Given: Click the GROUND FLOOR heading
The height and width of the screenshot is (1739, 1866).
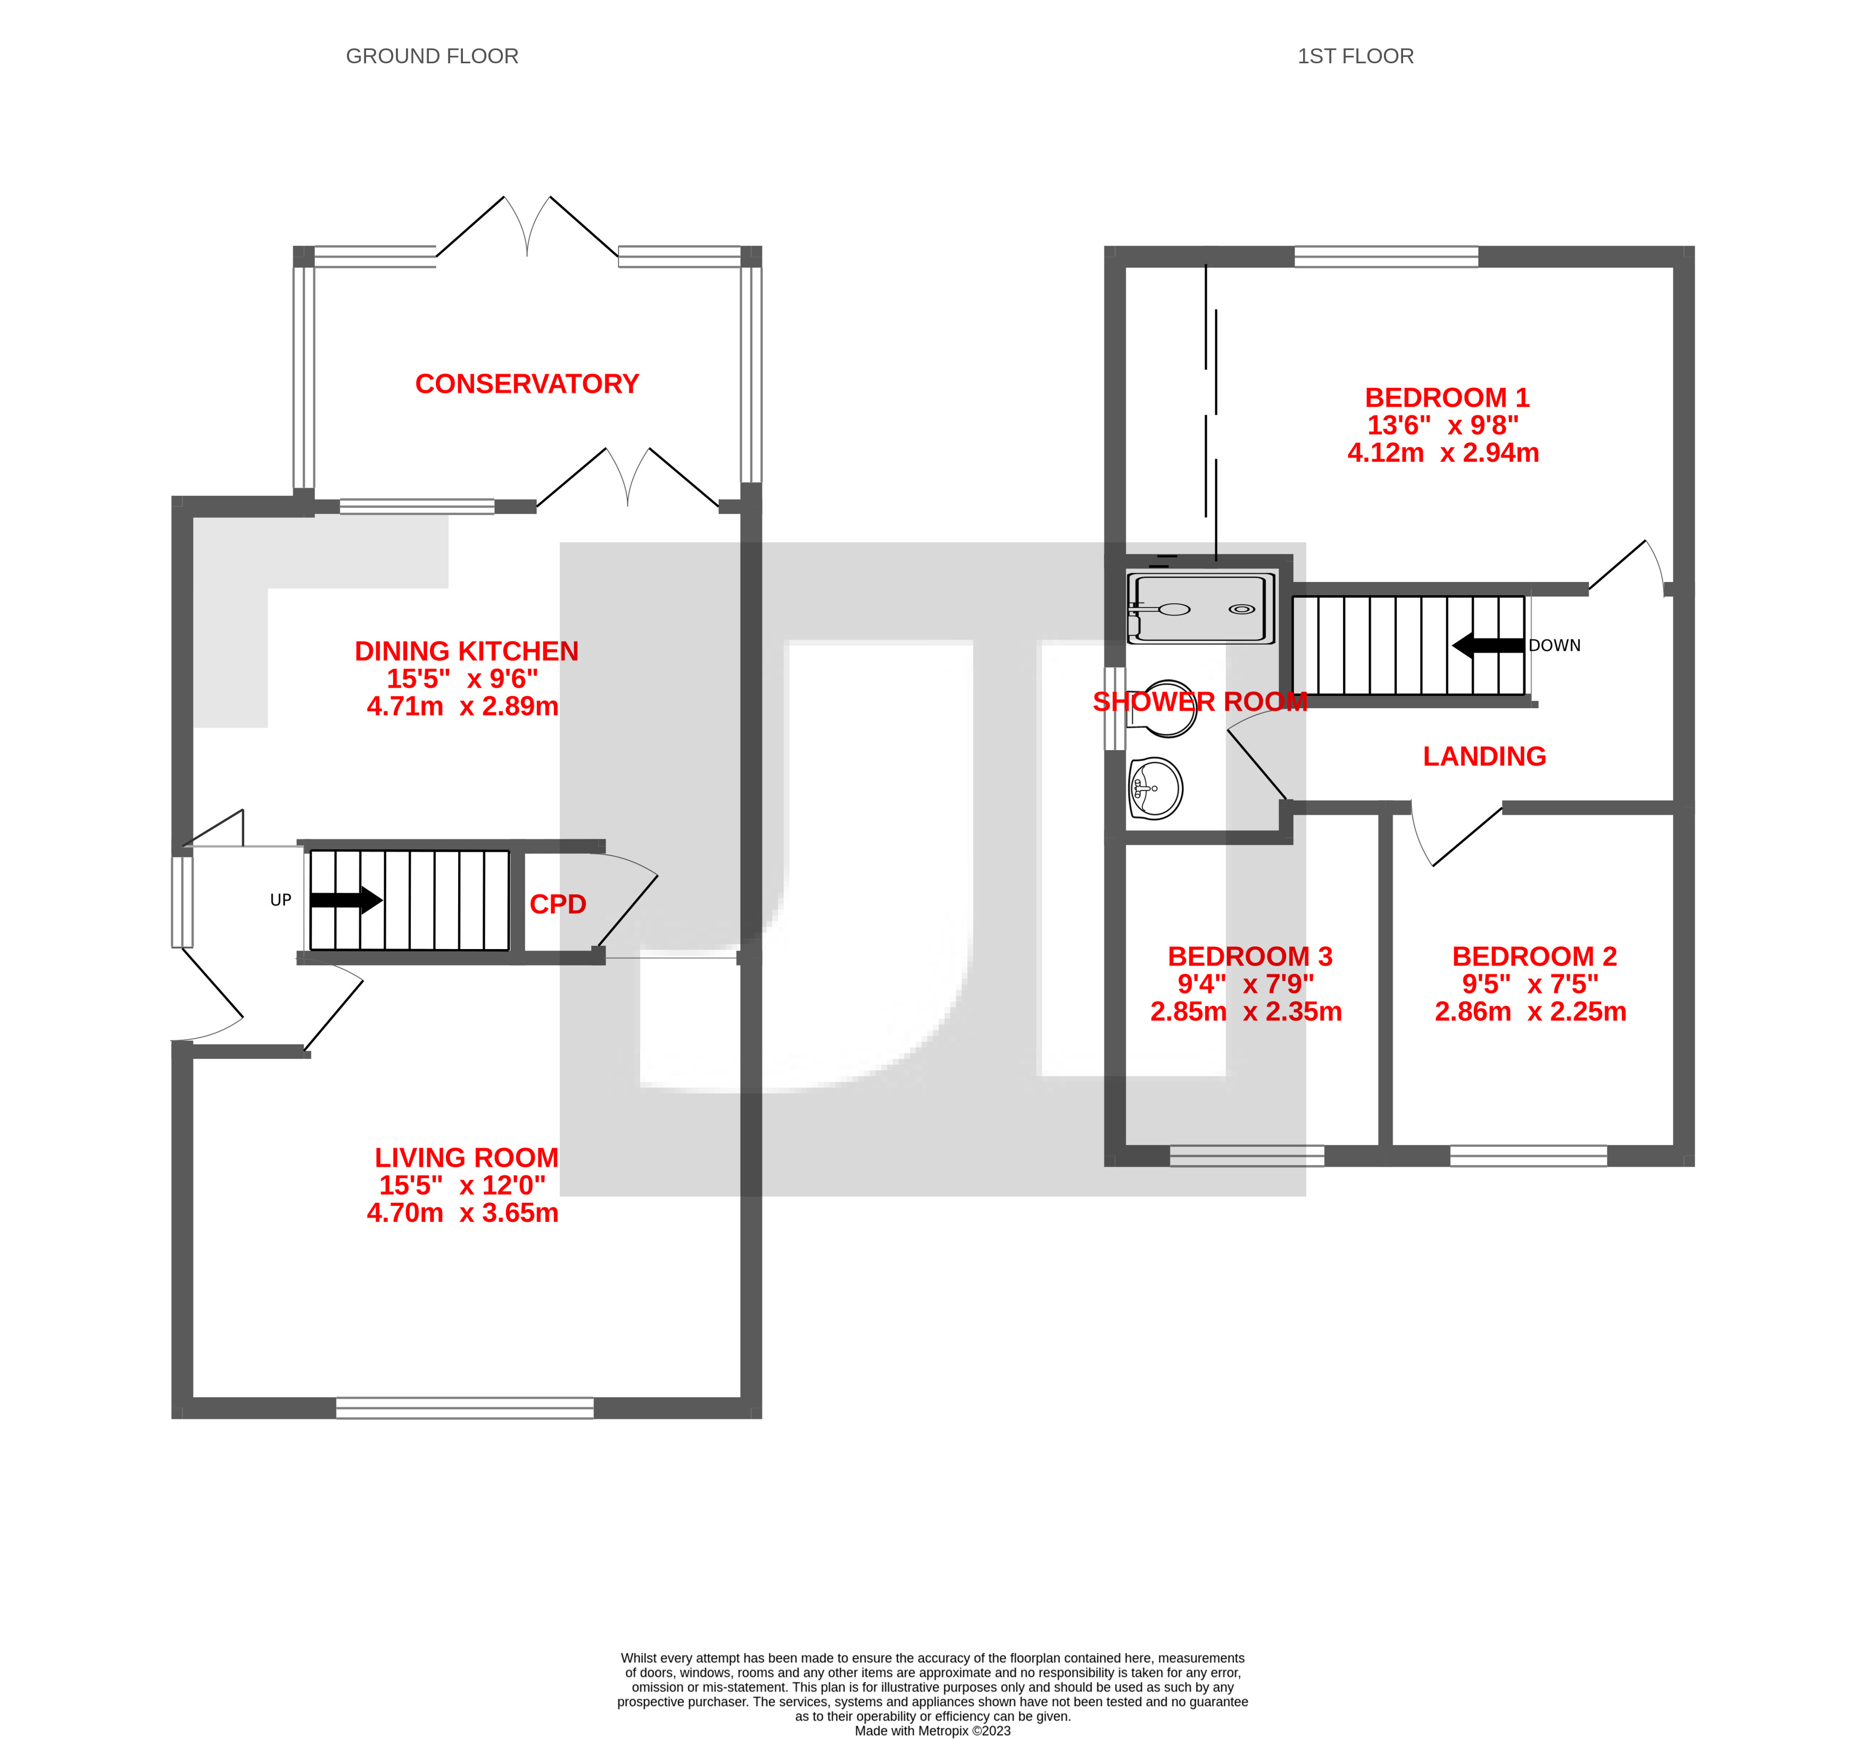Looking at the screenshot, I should click(x=432, y=56).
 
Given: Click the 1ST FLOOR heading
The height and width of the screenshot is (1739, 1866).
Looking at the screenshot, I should click(x=1355, y=56).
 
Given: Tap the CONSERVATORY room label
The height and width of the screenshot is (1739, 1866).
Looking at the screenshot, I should click(x=527, y=384).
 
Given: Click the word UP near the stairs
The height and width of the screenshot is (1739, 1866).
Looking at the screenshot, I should click(x=280, y=900).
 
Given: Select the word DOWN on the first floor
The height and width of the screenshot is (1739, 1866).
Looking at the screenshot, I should click(x=1554, y=646).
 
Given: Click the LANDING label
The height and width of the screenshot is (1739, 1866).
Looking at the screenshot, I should click(x=1484, y=756).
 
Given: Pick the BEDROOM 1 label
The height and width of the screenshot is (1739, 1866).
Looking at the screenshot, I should click(x=1446, y=398).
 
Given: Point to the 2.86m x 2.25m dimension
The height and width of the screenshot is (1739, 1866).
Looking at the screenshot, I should click(x=1530, y=1012).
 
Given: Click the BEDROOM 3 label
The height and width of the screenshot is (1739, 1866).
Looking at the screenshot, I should click(x=1249, y=956).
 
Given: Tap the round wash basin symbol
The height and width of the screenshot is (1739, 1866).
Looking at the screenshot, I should click(x=1156, y=788).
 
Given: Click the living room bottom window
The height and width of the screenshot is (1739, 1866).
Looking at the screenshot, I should click(x=465, y=1408).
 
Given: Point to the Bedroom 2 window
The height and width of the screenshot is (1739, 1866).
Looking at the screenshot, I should click(x=1528, y=1155).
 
